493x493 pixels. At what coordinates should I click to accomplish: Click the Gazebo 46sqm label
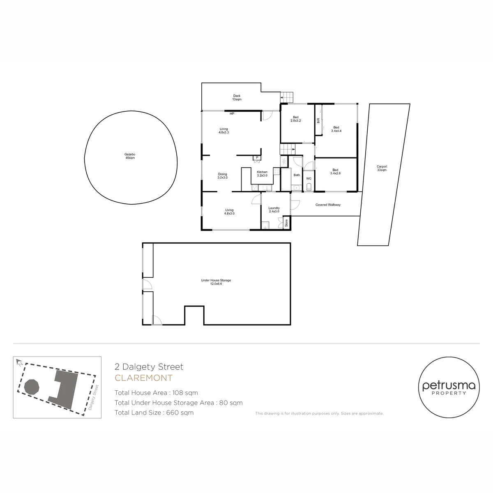tap(130, 156)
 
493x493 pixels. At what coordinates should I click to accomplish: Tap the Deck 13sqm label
tap(237, 97)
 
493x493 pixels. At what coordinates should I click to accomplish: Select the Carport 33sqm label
tap(382, 168)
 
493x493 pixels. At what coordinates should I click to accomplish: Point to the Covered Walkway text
tap(328, 205)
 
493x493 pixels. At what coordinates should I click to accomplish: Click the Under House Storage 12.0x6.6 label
tap(216, 282)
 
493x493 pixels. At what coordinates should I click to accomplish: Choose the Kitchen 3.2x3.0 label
tap(262, 174)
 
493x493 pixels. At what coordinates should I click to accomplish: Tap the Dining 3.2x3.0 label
tap(222, 176)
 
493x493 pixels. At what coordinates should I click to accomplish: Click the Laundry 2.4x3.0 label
tap(274, 210)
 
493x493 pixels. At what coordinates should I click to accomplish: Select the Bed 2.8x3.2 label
tap(295, 119)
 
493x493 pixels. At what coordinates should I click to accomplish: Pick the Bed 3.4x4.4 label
tap(336, 129)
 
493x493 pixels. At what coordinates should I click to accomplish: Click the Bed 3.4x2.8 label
tap(335, 171)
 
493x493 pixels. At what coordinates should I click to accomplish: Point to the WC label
tap(309, 179)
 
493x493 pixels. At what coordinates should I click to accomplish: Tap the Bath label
tap(297, 175)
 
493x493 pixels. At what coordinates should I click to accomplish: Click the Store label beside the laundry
tap(286, 223)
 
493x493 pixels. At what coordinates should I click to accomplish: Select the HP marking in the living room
tap(232, 113)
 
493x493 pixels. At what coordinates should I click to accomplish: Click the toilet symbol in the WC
tap(309, 187)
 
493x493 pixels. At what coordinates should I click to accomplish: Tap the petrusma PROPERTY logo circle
tap(449, 387)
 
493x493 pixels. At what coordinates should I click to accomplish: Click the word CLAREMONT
tap(143, 378)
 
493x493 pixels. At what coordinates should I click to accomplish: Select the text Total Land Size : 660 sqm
tap(154, 412)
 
